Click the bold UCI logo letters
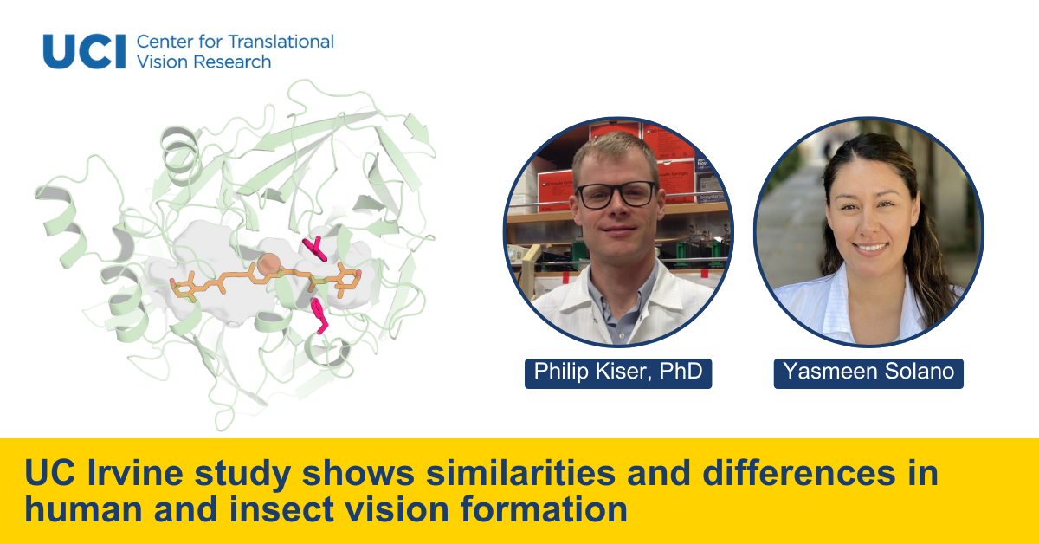point(84,51)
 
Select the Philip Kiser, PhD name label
point(618,373)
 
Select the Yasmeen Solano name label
point(868,373)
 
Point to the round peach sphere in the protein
point(268,264)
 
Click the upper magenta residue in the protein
point(315,249)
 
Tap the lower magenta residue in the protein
point(319,315)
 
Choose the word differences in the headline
point(798,473)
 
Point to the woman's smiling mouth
point(870,249)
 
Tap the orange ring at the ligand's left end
point(184,288)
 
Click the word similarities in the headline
point(520,473)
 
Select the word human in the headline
point(83,509)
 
